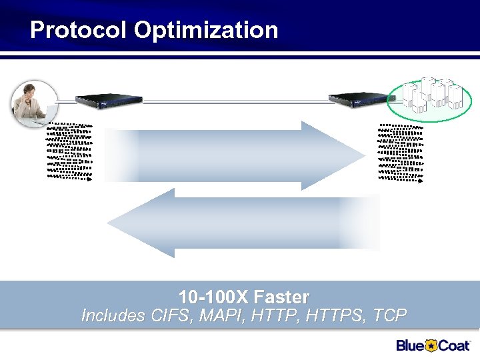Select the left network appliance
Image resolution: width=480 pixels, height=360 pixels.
109,100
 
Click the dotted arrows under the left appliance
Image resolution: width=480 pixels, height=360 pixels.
69,152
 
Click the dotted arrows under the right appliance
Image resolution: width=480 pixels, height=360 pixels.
401,152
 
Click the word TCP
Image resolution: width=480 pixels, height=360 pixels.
389,315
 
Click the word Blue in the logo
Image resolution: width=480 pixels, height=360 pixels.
411,345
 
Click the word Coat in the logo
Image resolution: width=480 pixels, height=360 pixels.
454,345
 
